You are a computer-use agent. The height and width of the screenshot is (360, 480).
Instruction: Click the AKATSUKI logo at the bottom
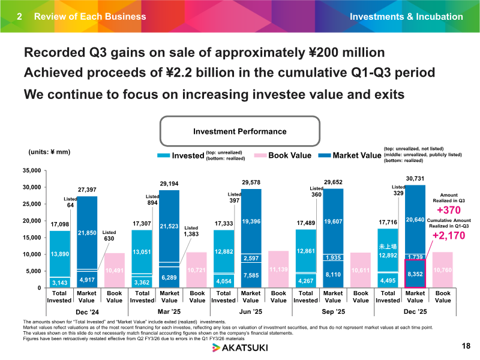coord(240,348)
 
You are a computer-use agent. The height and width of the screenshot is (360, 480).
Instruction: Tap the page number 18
coord(466,346)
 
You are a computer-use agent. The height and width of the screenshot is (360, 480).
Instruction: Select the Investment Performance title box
coord(240,131)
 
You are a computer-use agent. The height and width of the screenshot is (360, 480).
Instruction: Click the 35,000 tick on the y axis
coord(32,170)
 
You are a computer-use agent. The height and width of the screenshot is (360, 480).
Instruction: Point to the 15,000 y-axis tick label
coord(32,238)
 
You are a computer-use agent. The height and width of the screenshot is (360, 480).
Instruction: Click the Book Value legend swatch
coord(260,155)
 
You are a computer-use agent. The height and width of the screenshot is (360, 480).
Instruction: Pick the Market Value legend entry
coord(350,155)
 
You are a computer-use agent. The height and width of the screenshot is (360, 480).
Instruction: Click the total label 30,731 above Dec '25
coord(415,178)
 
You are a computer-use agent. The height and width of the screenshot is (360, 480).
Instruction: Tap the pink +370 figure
coord(449,211)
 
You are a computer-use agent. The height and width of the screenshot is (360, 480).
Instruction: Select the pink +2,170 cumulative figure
coord(449,236)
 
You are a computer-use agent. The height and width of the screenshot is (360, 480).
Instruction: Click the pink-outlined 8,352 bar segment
coord(415,274)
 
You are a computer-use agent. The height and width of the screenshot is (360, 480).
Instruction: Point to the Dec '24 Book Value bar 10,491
coord(115,271)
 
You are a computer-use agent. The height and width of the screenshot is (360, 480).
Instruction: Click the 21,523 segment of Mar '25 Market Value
coord(169,226)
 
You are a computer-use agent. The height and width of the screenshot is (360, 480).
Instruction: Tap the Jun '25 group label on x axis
coord(251,311)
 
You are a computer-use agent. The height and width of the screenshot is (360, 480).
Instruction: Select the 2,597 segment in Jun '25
coord(251,258)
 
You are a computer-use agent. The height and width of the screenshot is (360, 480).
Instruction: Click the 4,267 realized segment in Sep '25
coord(306,281)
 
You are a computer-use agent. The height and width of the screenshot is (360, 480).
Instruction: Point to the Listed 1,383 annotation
coord(191,232)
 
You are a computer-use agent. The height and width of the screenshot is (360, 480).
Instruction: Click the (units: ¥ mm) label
coord(49,152)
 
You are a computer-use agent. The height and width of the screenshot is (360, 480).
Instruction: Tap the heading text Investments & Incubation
coord(406,17)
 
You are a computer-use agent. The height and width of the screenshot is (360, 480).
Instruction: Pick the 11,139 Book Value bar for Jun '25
coord(278,269)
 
